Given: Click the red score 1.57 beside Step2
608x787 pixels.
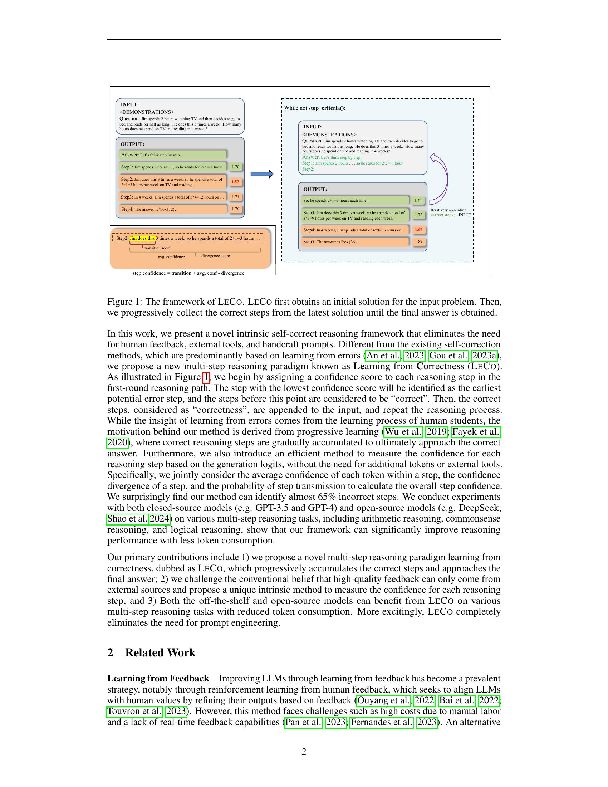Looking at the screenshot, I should [x=235, y=182].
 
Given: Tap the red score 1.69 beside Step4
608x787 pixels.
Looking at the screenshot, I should [x=418, y=229].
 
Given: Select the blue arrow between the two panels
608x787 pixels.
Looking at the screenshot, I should [x=262, y=175].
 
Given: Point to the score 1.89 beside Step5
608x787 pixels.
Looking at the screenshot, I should [x=418, y=241].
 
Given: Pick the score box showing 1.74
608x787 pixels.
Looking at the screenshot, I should [x=418, y=201].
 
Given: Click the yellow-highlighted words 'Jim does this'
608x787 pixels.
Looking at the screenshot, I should [x=142, y=238].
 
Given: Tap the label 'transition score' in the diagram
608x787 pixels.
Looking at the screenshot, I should [x=157, y=248].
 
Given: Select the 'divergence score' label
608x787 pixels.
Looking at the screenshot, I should [x=215, y=256].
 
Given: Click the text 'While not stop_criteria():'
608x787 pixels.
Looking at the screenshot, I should [x=314, y=108].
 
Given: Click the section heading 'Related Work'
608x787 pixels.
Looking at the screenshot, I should [x=160, y=652].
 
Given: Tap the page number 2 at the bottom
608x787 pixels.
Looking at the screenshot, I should [x=304, y=752].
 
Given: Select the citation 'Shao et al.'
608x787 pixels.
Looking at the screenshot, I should [x=127, y=519].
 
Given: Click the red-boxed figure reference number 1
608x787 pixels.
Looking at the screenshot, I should [x=206, y=377].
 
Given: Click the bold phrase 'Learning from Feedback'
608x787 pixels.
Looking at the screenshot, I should [x=158, y=678].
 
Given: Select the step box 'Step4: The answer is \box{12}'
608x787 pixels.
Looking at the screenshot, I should [x=172, y=209].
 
